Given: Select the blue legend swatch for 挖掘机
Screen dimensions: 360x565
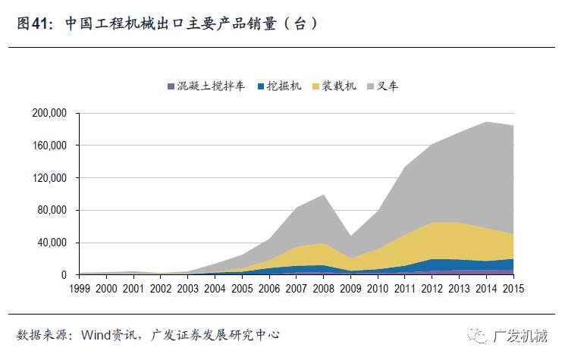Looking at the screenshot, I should coord(262,87).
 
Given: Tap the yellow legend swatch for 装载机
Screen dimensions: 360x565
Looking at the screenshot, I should coord(316,87).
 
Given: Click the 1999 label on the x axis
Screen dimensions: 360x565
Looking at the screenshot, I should coord(80,289).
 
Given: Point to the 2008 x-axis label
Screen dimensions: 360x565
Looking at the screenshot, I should coord(324,289).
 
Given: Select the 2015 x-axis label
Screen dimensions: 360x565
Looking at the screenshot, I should coord(513,289).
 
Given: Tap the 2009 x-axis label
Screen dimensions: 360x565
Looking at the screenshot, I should coord(350,289).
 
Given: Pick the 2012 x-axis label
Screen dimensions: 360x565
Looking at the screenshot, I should coord(432,289).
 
